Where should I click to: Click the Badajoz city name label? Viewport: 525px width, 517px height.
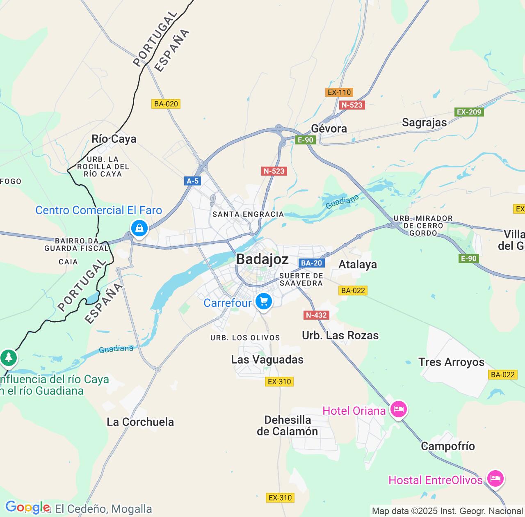262,259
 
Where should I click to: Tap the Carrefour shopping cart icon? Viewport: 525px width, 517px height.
263,302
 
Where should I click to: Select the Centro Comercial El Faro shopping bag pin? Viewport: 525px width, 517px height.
139,228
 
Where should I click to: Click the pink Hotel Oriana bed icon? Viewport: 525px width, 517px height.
398,409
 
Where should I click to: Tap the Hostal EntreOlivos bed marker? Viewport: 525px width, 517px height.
495,478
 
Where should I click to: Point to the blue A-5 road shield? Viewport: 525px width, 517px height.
192,181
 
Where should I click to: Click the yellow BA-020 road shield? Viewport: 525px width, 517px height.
166,104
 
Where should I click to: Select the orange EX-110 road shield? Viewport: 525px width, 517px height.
339,92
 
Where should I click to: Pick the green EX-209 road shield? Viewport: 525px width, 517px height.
469,112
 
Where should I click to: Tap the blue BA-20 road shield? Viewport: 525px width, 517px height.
311,263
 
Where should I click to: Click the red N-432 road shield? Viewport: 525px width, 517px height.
316,315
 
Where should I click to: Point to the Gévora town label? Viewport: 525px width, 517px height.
329,128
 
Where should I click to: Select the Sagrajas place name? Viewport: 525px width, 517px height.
424,122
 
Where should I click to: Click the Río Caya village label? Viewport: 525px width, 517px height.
114,139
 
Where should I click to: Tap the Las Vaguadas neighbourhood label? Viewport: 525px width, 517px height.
267,359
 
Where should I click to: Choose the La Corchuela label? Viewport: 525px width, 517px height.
140,422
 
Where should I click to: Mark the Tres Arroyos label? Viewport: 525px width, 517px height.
451,362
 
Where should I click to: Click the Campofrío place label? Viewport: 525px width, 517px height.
447,446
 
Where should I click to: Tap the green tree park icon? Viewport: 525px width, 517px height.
8,357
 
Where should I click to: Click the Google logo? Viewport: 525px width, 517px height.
27,508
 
